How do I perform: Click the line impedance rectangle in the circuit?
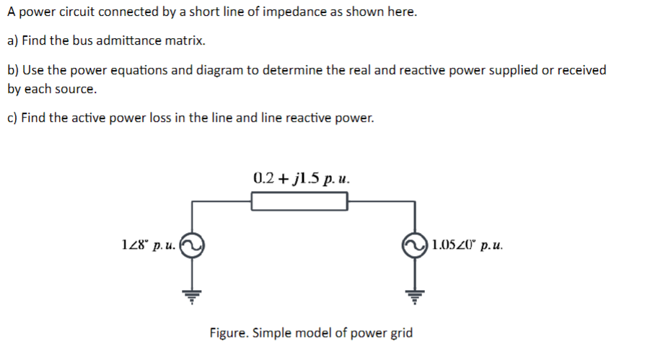click(x=299, y=201)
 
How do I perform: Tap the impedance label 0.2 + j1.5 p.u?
click(x=302, y=178)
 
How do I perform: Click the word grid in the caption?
click(x=401, y=333)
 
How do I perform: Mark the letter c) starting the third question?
click(x=12, y=118)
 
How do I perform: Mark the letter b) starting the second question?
click(x=12, y=70)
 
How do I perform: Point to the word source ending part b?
click(x=76, y=89)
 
